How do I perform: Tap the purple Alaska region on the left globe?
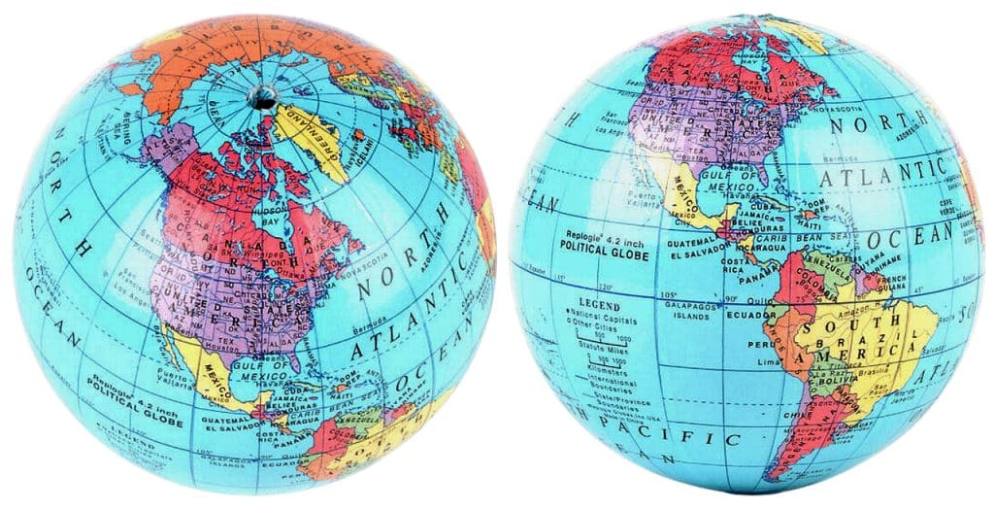[169, 154]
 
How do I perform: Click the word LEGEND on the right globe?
[600, 305]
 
